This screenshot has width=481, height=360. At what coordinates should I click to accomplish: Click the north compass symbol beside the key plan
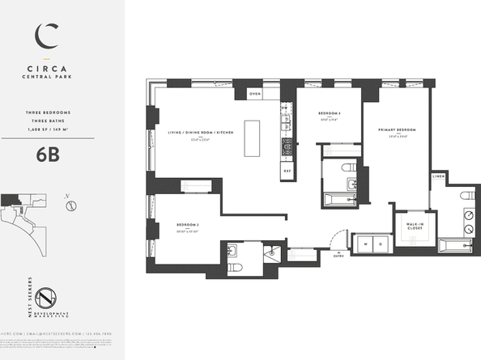71,203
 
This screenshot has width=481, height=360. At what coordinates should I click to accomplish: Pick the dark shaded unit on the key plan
12,199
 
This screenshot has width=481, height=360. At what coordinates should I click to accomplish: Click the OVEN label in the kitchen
255,95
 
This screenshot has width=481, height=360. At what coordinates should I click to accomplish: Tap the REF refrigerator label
287,171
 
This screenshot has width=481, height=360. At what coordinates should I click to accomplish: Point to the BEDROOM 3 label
328,113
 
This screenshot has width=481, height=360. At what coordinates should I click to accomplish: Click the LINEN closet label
439,175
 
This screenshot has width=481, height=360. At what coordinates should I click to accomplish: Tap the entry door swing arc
334,235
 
